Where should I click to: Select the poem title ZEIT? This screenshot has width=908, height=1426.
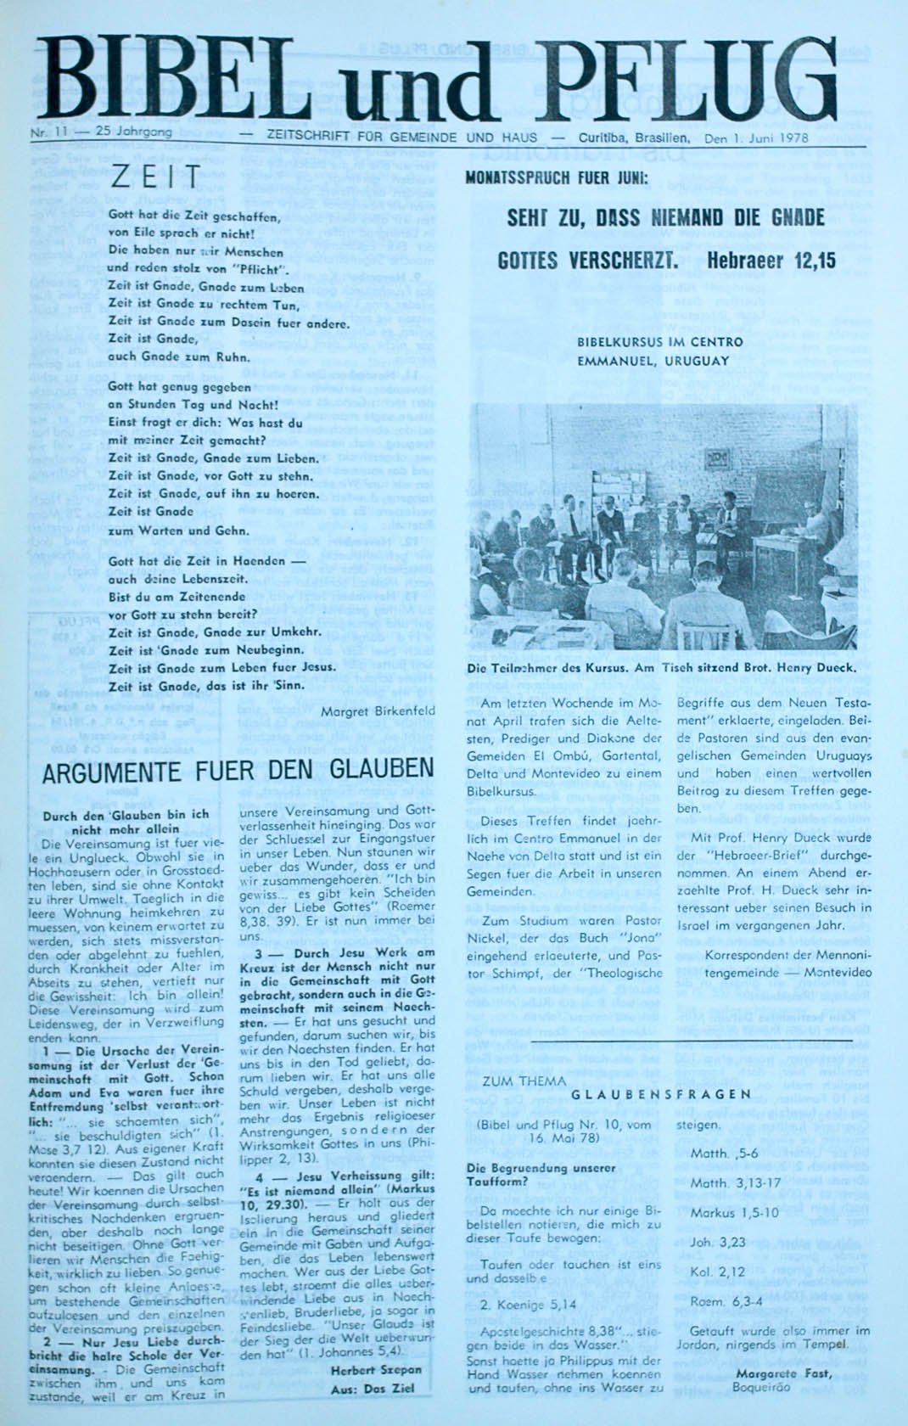coord(156,178)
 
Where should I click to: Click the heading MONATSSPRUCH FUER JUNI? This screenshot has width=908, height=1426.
coord(557,178)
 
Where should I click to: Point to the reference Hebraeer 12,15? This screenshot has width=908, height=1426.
coord(771,261)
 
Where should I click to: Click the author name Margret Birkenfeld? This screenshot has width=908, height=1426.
coord(378,710)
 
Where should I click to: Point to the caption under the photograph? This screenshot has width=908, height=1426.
coord(662,668)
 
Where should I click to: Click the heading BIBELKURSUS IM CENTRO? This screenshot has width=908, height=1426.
coord(659,342)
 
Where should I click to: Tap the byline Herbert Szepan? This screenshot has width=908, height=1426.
coord(376,1370)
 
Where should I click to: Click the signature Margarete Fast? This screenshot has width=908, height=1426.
coord(783,1373)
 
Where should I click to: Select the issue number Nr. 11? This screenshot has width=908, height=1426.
coord(48,132)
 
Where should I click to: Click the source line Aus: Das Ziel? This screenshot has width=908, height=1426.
coord(377,1390)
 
